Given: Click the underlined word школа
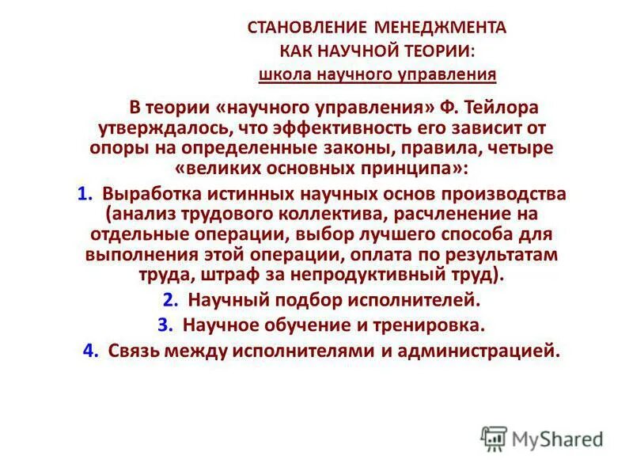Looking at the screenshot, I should coord(282,75).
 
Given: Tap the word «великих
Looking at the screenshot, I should coord(183,169).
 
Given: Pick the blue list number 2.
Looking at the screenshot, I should coord(169,300).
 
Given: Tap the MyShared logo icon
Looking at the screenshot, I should coord(494,438).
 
